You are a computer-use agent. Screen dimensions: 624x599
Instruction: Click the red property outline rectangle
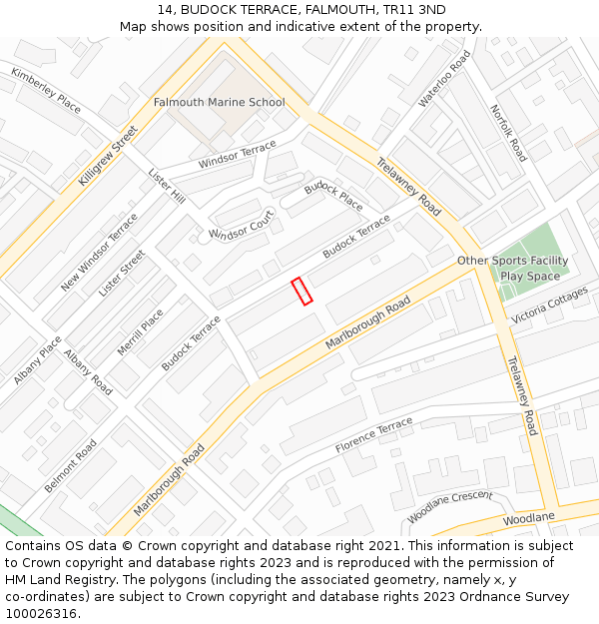301,291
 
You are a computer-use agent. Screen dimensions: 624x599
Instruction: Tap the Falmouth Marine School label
219,102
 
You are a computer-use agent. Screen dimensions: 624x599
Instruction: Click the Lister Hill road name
167,187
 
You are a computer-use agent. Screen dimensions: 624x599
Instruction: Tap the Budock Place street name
333,195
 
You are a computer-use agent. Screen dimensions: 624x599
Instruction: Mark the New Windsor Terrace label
99,252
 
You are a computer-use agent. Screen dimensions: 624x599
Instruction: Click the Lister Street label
122,273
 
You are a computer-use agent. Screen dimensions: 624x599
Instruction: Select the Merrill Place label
141,331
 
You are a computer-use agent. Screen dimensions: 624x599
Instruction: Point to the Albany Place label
38,359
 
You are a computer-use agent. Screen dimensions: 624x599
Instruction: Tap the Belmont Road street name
71,465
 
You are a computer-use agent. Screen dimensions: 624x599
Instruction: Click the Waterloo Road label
444,78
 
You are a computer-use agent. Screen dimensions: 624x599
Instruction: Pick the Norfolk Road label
508,133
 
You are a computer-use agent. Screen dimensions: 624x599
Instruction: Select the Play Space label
530,277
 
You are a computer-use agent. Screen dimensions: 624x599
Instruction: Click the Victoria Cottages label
550,307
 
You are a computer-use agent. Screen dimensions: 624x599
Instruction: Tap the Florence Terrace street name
373,434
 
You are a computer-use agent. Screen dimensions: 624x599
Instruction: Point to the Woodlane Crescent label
449,507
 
